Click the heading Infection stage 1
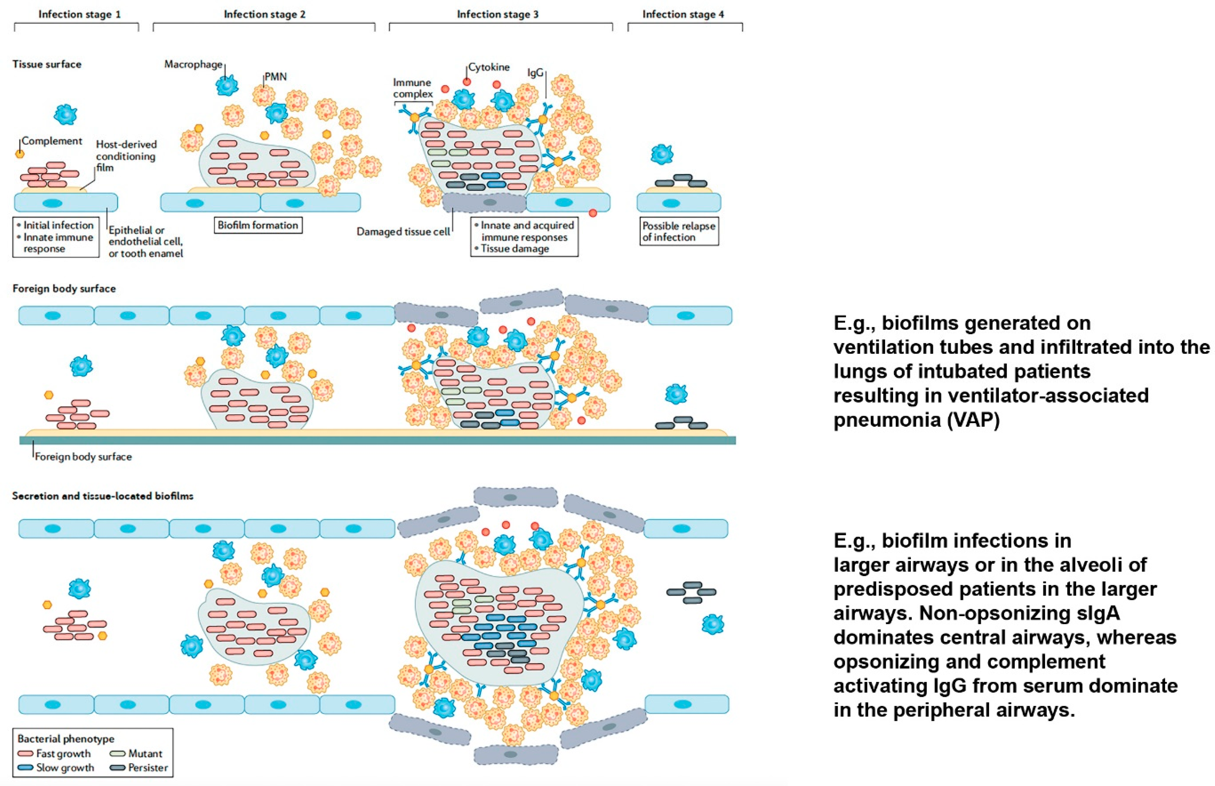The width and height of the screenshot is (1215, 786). click(x=80, y=14)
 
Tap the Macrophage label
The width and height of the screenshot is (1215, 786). click(x=193, y=64)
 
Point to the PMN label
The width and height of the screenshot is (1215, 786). click(x=275, y=77)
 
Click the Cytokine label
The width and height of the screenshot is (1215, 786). click(x=489, y=67)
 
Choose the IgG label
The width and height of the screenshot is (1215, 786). click(x=535, y=73)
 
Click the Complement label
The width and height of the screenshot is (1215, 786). click(x=51, y=141)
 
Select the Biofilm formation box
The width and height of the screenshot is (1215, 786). click(x=258, y=225)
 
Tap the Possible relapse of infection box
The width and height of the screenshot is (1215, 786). click(x=679, y=231)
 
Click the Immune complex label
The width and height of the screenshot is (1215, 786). click(x=412, y=88)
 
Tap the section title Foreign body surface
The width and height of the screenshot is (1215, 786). click(x=64, y=289)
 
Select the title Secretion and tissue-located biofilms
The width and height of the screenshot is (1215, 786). click(x=103, y=496)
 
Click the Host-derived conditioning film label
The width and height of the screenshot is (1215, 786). click(x=126, y=156)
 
